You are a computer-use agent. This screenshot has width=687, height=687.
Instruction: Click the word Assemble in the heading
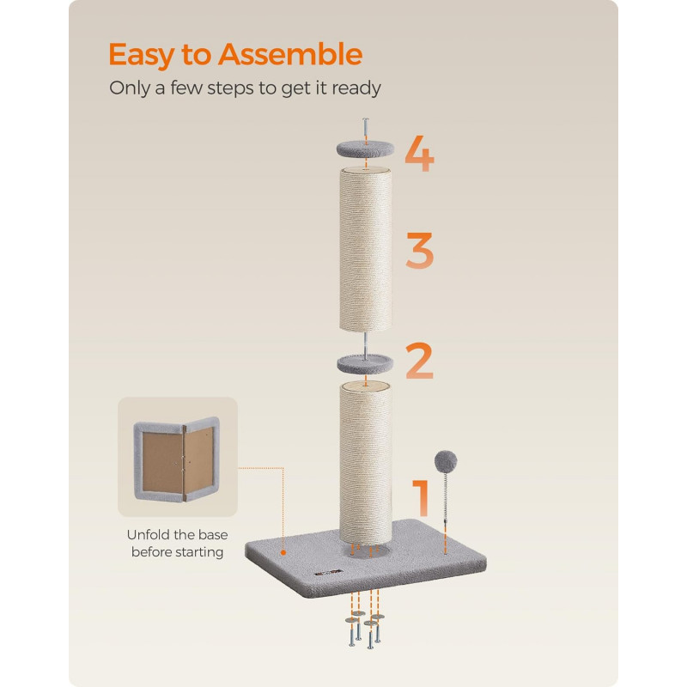(x=290, y=54)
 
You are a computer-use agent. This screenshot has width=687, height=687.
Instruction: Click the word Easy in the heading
(x=141, y=56)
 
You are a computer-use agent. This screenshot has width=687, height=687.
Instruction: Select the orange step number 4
(x=419, y=154)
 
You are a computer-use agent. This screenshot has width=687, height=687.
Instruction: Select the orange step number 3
(x=420, y=250)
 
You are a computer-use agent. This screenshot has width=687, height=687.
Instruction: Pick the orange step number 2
(x=419, y=361)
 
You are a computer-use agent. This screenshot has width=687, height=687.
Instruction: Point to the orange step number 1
(x=421, y=497)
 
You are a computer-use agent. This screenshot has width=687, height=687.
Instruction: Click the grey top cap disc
(x=365, y=149)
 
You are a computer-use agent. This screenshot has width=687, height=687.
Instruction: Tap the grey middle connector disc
(x=365, y=363)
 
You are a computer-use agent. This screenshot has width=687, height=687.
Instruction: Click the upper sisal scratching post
(x=366, y=249)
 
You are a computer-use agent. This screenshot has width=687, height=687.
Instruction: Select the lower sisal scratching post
(x=365, y=462)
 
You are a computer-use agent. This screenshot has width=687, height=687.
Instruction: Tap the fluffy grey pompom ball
(x=446, y=461)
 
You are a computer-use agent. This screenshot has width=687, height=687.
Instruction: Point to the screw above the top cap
(x=366, y=131)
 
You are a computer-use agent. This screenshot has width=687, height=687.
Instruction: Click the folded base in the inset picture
(x=177, y=459)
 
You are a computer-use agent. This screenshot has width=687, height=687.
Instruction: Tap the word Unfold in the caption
(x=148, y=534)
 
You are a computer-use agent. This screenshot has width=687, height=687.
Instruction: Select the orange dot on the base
(x=283, y=553)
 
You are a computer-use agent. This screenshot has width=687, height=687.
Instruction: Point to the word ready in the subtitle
(x=356, y=88)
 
